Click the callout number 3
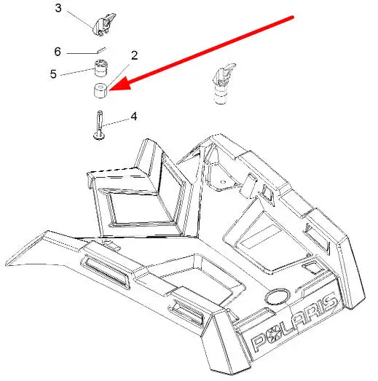point(58,8)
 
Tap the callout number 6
point(58,52)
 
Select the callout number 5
point(53,74)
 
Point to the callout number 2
point(134,55)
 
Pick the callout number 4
point(134,117)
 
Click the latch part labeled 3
point(104,24)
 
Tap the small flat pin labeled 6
point(101,50)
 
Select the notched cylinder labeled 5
point(101,68)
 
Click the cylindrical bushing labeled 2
point(101,90)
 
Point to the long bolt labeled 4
point(99,125)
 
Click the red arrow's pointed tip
point(109,90)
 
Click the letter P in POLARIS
point(259,342)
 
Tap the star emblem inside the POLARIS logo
point(276,334)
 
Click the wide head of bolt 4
point(99,136)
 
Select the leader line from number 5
point(77,72)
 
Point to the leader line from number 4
point(116,122)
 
